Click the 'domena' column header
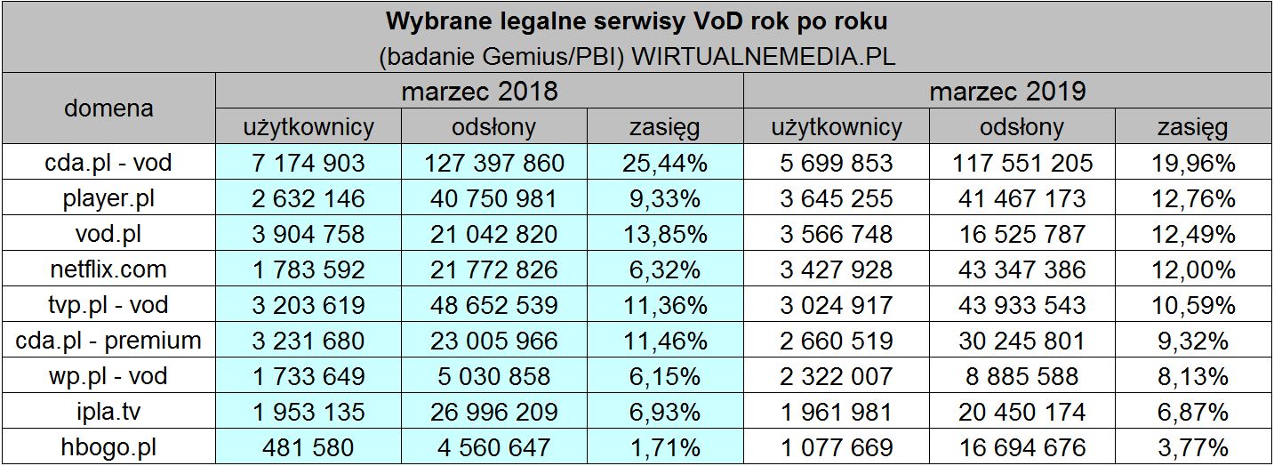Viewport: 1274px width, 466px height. tap(108, 108)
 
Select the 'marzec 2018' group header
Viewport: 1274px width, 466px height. tap(479, 92)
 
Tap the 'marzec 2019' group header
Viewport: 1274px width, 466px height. tap(1008, 92)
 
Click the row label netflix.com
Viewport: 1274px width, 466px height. tap(108, 269)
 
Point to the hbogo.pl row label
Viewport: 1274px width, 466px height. tap(108, 447)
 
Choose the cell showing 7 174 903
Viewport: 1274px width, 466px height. tap(308, 163)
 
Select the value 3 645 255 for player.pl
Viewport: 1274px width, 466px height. tap(836, 198)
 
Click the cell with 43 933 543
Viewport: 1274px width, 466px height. tap(1022, 305)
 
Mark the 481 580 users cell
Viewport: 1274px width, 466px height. tap(308, 447)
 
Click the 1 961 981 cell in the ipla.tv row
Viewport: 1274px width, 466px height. tap(836, 412)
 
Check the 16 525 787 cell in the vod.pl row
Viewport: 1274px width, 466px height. tap(1022, 234)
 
